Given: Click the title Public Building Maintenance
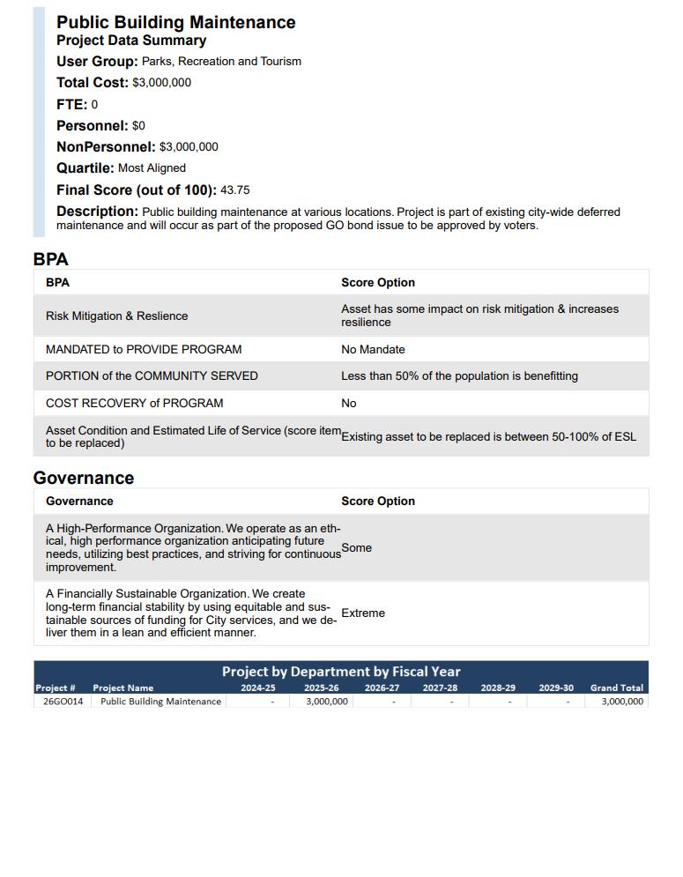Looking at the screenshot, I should pyautogui.click(x=175, y=22).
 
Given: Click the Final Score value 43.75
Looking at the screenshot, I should pyautogui.click(x=234, y=190).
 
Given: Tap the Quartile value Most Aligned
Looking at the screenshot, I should pyautogui.click(x=152, y=168).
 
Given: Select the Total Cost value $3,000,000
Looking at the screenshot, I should pyautogui.click(x=161, y=83).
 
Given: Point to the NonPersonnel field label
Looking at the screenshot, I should pyautogui.click(x=106, y=147).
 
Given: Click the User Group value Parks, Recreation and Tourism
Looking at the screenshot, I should pyautogui.click(x=221, y=62).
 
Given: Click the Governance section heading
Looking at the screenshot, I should pyautogui.click(x=84, y=478).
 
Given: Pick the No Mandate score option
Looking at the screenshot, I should pyautogui.click(x=373, y=349).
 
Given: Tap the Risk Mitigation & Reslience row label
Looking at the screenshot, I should pyautogui.click(x=116, y=316).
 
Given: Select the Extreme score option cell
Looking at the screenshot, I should pyautogui.click(x=363, y=613).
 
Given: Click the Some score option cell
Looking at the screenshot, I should pyautogui.click(x=357, y=547).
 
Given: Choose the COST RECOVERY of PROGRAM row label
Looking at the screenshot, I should pyautogui.click(x=134, y=403).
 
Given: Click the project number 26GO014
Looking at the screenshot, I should pyautogui.click(x=63, y=702).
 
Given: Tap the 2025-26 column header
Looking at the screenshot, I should pyautogui.click(x=321, y=687).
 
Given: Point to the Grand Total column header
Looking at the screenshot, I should pyautogui.click(x=616, y=687).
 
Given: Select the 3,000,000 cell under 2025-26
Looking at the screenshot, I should pyautogui.click(x=326, y=702).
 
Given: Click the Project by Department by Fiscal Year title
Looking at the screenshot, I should pyautogui.click(x=340, y=672).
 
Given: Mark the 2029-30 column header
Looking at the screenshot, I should pyautogui.click(x=555, y=687).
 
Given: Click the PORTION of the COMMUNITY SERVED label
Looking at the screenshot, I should pyautogui.click(x=152, y=375).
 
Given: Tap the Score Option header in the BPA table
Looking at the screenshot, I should pyautogui.click(x=377, y=283).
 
